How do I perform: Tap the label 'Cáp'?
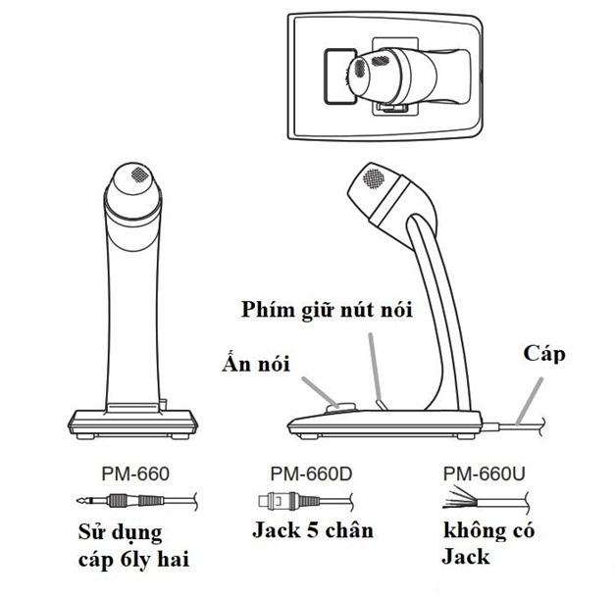(x=546, y=352)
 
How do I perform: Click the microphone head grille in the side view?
(x=374, y=179)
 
